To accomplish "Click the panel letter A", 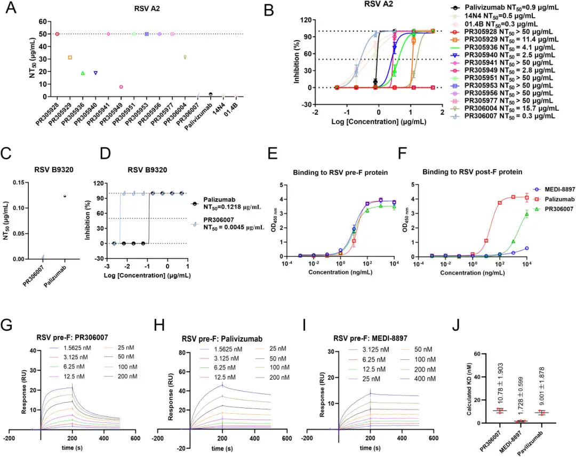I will pyautogui.click(x=11, y=10).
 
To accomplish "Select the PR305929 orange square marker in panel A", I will pyautogui.click(x=70, y=58).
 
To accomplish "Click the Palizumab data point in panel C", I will pyautogui.click(x=65, y=196).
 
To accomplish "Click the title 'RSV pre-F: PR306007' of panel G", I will pyautogui.click(x=71, y=337).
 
